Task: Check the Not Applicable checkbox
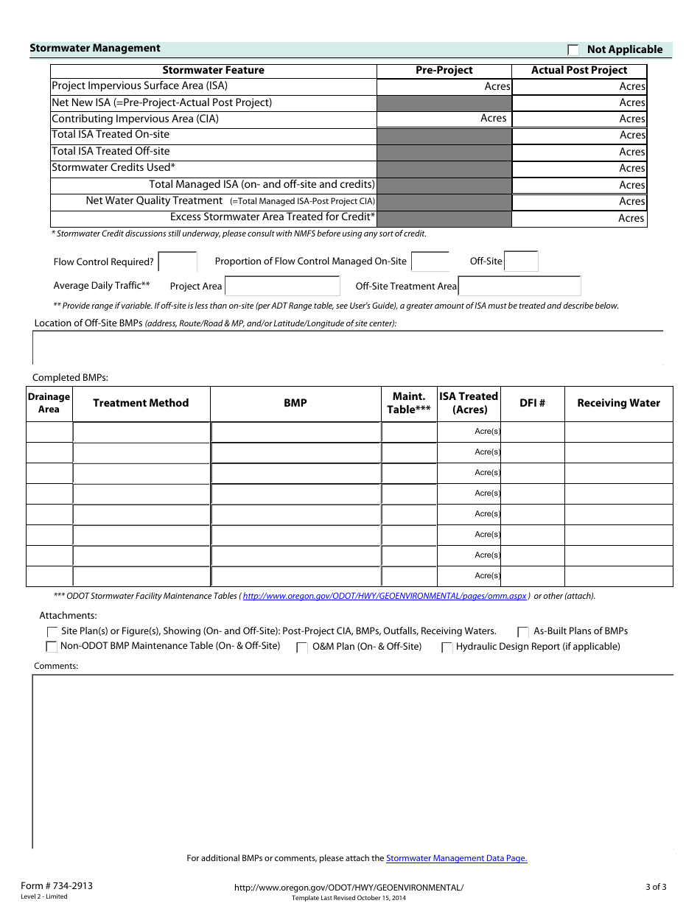point(573,50)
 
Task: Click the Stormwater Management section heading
point(95,49)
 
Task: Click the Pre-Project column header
point(444,71)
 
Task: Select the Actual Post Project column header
point(579,71)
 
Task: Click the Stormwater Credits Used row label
point(113,168)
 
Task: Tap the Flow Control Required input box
point(178,261)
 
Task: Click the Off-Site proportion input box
point(521,261)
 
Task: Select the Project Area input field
point(282,287)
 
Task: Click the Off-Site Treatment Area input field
point(519,287)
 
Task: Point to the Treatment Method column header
point(141,404)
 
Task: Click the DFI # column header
point(532,404)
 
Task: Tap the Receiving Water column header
point(618,404)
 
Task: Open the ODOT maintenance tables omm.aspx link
point(385,597)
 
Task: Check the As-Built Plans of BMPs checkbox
point(523,632)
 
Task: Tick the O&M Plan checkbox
point(302,648)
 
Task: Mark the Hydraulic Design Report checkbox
point(447,648)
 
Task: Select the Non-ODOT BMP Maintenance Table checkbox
point(52,647)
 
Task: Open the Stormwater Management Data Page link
point(456,859)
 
